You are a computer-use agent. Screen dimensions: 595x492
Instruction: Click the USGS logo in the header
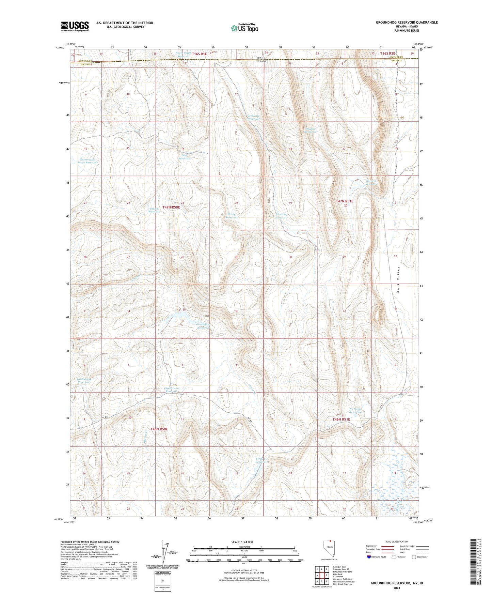click(75, 26)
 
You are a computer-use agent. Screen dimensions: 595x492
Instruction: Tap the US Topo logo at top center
click(244, 28)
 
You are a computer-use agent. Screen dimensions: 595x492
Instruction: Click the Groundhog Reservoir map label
click(204, 326)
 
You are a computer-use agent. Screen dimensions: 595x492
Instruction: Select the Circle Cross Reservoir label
click(172, 390)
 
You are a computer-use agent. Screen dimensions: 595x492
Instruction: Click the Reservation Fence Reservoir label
click(88, 161)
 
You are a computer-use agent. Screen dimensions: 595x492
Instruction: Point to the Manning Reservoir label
click(281, 216)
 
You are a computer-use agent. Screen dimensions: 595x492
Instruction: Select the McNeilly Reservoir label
click(254, 117)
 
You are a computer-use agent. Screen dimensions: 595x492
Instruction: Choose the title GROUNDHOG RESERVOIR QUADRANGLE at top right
click(407, 22)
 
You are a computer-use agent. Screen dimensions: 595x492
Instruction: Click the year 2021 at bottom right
click(397, 588)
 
